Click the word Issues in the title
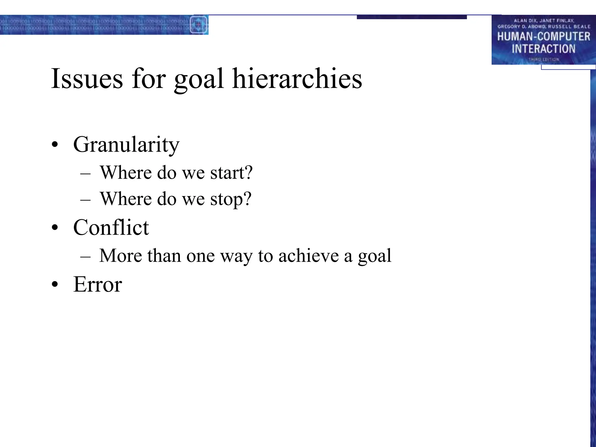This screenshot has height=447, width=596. (87, 79)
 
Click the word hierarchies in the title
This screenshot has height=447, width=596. (297, 79)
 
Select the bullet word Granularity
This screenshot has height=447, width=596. (126, 145)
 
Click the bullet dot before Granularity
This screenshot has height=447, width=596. (55, 145)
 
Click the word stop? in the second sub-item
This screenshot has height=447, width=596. (231, 200)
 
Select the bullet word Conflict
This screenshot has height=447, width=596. (111, 228)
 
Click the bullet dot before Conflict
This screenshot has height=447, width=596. (55, 228)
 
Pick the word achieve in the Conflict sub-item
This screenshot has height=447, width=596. (308, 256)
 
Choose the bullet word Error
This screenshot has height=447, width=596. (97, 285)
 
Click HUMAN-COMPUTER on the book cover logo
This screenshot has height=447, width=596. (543, 37)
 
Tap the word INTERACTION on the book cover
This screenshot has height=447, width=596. (543, 49)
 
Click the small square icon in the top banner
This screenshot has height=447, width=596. (198, 25)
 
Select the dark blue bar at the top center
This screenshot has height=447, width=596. (411, 17)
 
